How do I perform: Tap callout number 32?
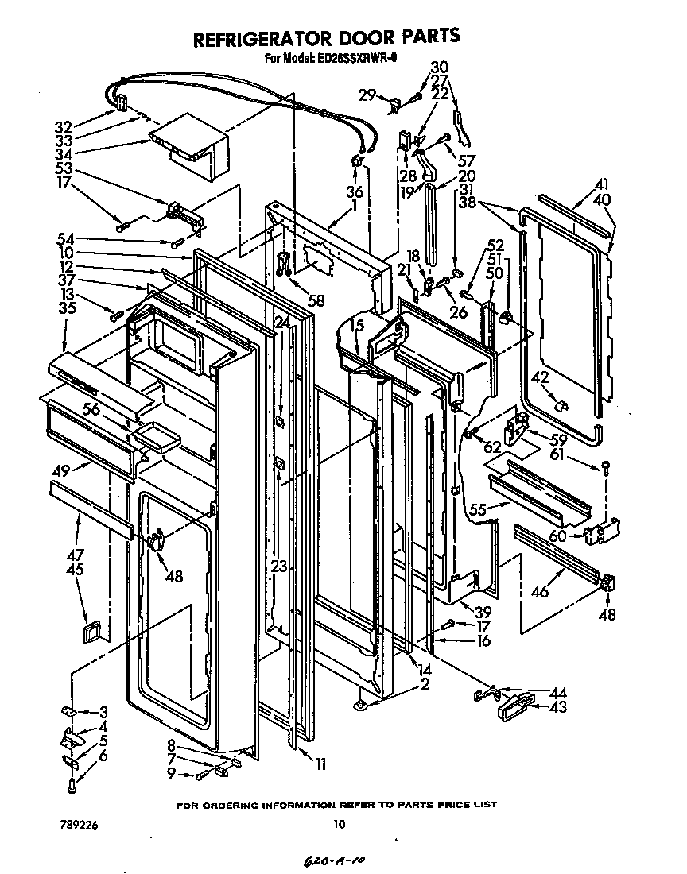(64, 126)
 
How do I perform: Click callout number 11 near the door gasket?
(320, 765)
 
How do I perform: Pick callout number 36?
(355, 191)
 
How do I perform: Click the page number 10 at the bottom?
(340, 824)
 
